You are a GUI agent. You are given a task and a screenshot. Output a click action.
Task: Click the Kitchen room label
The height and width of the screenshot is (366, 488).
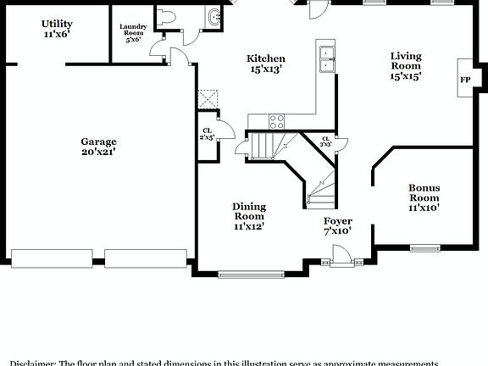[x=265, y=64]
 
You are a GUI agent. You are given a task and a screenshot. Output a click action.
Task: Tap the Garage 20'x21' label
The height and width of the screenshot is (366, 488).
[x=98, y=147]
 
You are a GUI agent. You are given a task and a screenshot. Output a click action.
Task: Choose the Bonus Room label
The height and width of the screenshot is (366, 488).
[x=424, y=197]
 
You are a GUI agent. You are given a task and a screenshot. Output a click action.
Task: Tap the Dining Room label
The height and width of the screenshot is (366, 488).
[x=249, y=216]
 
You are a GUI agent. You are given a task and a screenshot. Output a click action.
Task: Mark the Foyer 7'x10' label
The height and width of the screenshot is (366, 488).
[x=337, y=225]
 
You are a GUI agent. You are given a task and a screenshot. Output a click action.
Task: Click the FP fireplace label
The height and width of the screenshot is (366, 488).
[x=464, y=80]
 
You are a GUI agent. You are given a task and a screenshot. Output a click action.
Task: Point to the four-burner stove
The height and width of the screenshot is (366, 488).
[x=277, y=120]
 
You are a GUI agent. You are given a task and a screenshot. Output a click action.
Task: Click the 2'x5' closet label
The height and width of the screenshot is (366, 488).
[x=207, y=133]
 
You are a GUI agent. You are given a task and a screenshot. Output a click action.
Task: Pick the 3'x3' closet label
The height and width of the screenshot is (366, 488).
[x=325, y=141]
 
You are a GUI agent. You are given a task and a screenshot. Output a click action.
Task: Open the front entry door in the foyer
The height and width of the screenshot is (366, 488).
[x=341, y=255]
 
